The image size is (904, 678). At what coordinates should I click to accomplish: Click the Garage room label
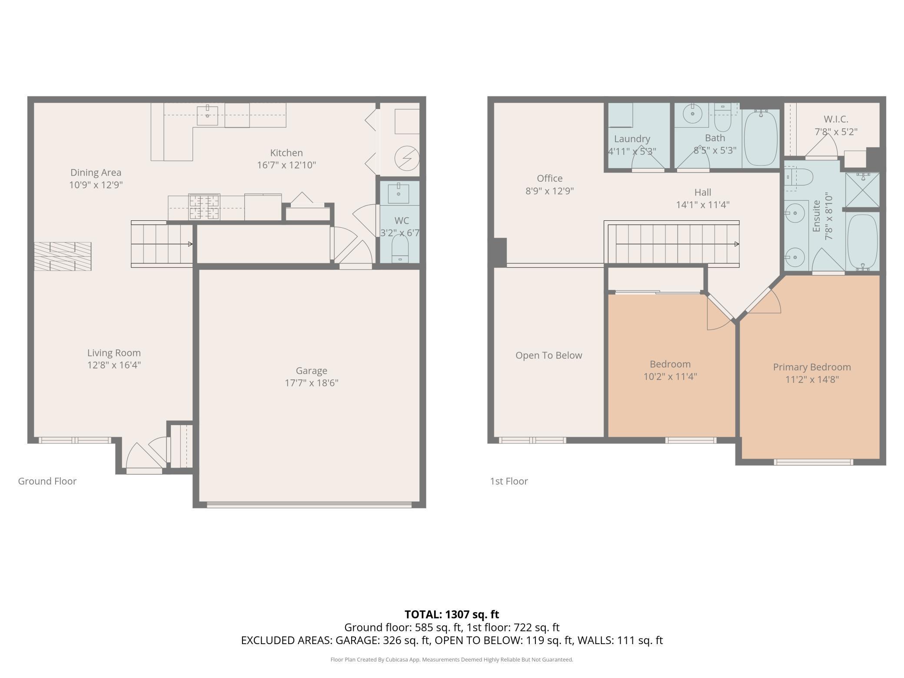coord(311,371)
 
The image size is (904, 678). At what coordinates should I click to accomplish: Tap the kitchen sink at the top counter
coord(208,115)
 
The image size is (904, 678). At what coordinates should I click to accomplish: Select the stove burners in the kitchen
coord(204,207)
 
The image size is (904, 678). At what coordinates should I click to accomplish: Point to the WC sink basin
coord(399,193)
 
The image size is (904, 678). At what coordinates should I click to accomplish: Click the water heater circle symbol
coord(407,158)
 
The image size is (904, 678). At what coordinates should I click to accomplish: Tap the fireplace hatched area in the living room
coord(63,256)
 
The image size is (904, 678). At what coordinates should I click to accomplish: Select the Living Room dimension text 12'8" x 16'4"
coord(114,365)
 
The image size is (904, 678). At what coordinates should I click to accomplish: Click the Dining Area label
coord(96,173)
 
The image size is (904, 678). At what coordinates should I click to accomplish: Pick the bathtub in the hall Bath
coord(761,138)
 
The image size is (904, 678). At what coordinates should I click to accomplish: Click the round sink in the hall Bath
coord(692,115)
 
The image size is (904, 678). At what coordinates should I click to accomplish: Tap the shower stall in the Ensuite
coord(862,190)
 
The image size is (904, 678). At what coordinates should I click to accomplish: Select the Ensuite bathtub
coord(862,242)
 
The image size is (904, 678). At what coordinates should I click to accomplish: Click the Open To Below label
coord(548,356)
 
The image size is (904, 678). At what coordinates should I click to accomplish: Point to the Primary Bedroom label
coord(812,367)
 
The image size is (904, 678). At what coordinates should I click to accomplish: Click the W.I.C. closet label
coord(836,119)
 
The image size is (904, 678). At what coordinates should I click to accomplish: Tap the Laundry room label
coord(632,139)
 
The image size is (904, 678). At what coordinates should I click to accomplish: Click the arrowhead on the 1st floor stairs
coord(737,244)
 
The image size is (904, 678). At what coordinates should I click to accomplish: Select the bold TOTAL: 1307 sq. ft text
coord(452,615)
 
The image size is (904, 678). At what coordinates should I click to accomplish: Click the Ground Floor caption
coord(47,481)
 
